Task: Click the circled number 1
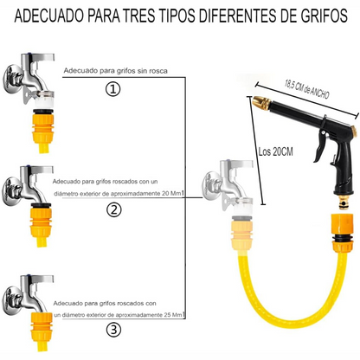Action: [x=112, y=89]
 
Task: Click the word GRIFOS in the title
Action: [x=310, y=16]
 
